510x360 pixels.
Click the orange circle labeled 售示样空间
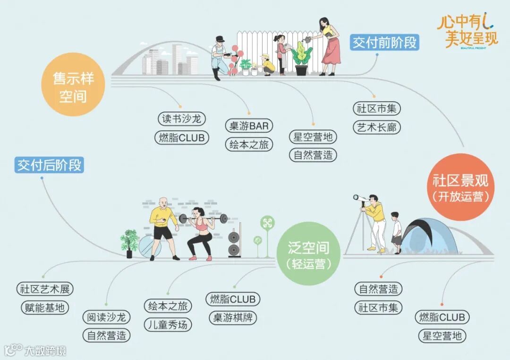point(73,85)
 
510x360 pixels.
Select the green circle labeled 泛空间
point(308,255)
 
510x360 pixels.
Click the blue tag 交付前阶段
point(385,43)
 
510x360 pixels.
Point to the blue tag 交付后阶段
point(49,165)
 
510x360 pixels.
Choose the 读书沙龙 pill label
point(182,119)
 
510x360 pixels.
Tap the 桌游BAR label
point(249,126)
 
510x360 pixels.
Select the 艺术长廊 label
point(376,127)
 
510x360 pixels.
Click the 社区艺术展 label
point(45,289)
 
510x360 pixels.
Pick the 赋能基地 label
point(45,308)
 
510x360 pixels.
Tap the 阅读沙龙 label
point(106,317)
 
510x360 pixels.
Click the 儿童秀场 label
point(168,325)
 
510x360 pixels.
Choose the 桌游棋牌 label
point(233,317)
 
